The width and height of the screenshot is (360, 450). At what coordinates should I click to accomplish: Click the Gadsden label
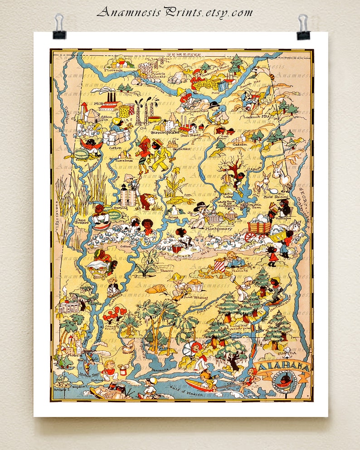[x=240, y=145]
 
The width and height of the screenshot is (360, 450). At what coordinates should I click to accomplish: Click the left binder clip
[x=59, y=27]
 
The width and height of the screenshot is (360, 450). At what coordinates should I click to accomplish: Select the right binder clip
[x=303, y=27]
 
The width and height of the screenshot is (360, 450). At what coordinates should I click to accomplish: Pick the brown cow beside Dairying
[x=146, y=201]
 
